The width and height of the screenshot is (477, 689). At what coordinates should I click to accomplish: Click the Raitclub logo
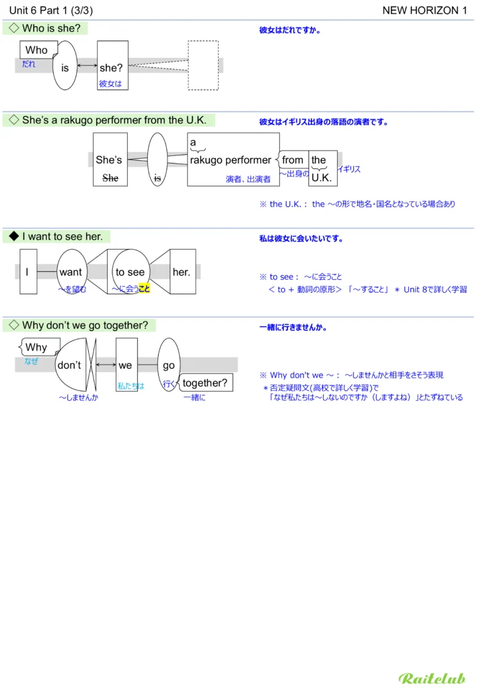pyautogui.click(x=431, y=678)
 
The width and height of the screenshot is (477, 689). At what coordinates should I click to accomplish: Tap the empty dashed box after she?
pyautogui.click(x=203, y=65)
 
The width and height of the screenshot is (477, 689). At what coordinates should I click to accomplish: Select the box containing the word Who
pyautogui.click(x=38, y=50)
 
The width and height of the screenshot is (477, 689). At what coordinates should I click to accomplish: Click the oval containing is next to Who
pyautogui.click(x=65, y=66)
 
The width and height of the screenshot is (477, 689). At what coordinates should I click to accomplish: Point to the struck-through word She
pyautogui.click(x=109, y=178)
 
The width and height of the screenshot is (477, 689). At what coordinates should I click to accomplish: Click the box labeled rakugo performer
pyautogui.click(x=233, y=159)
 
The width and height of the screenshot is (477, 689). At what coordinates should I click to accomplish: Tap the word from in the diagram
pyautogui.click(x=293, y=160)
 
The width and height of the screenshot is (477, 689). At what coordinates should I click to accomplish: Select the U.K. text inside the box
pyautogui.click(x=322, y=178)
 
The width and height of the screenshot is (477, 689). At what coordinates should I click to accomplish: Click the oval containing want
pyautogui.click(x=71, y=271)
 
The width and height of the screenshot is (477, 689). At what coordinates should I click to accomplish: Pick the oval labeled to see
pyautogui.click(x=131, y=271)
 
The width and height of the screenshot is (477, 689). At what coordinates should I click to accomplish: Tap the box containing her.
pyautogui.click(x=182, y=271)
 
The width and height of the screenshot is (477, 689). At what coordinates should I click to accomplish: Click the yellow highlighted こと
pyautogui.click(x=144, y=289)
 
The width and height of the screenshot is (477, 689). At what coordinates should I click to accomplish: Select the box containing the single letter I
pyautogui.click(x=28, y=271)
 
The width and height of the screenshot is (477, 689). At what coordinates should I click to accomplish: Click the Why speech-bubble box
pyautogui.click(x=37, y=348)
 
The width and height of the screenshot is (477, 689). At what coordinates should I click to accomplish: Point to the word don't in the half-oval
pyautogui.click(x=69, y=365)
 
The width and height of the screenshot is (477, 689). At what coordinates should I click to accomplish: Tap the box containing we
pyautogui.click(x=126, y=365)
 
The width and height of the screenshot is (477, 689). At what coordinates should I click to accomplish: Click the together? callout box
pyautogui.click(x=205, y=384)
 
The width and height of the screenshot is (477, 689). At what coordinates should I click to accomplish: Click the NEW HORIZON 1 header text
pyautogui.click(x=425, y=10)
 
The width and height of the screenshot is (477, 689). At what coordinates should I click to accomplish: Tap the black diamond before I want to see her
pyautogui.click(x=13, y=236)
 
